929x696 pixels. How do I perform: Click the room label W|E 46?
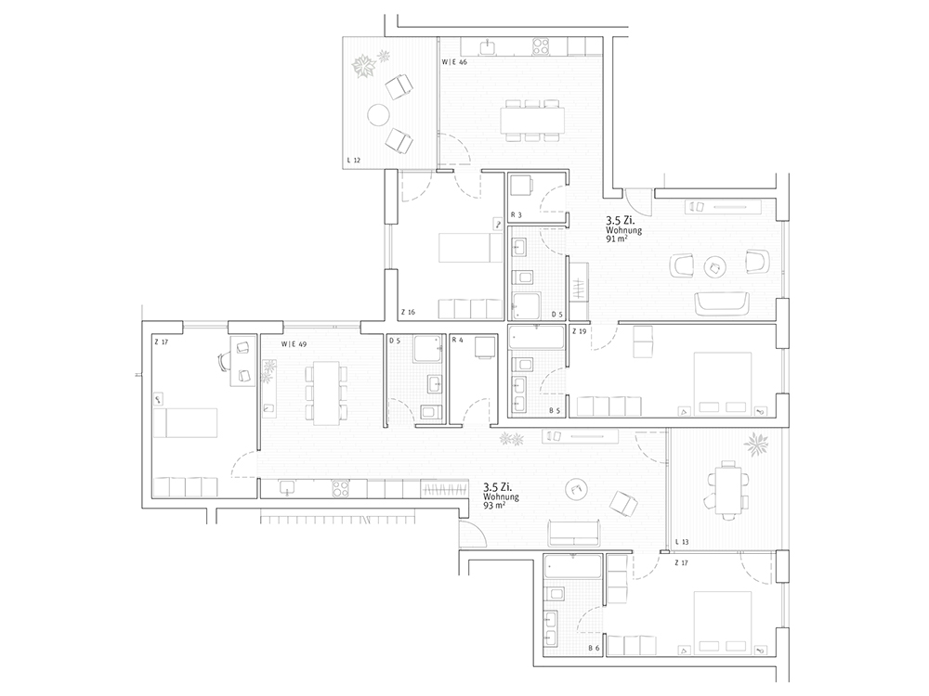[454, 61]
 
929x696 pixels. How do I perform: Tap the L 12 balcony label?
[354, 160]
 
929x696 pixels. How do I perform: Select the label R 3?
[516, 215]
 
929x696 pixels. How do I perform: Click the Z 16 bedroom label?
[408, 312]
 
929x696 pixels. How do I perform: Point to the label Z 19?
[580, 331]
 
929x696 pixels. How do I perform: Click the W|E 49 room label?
[294, 344]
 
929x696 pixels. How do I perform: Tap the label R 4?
[457, 340]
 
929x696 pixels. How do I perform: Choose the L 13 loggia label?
[682, 542]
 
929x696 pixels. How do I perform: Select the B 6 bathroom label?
[595, 648]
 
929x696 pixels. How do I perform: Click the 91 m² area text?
[616, 239]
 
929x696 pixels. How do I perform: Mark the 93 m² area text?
[494, 506]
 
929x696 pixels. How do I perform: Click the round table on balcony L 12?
[377, 114]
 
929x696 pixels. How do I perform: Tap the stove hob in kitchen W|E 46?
[541, 46]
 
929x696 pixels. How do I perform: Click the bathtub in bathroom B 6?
[573, 568]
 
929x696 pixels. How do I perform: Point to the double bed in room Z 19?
[723, 383]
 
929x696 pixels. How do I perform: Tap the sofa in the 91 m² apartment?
[723, 303]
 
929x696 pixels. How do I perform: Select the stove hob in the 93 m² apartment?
[340, 488]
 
